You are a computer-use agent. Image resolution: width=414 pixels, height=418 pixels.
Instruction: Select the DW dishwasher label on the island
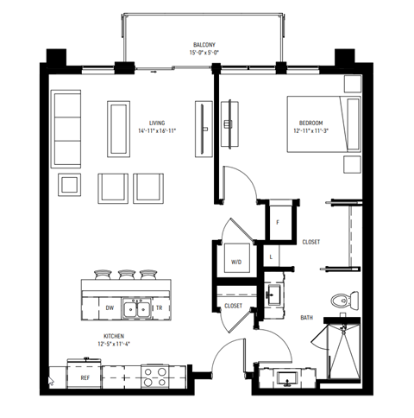coord(110,307)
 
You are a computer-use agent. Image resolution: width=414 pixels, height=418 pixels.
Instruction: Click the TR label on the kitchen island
coord(160,307)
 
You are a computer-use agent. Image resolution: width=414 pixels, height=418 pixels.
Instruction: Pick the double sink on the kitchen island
coord(135,307)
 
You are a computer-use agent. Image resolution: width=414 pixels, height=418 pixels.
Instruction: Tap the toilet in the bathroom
coord(344,301)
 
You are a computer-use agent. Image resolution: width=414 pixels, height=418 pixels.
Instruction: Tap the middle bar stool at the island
coord(129,274)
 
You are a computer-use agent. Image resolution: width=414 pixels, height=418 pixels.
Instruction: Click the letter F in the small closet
coord(277,223)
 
